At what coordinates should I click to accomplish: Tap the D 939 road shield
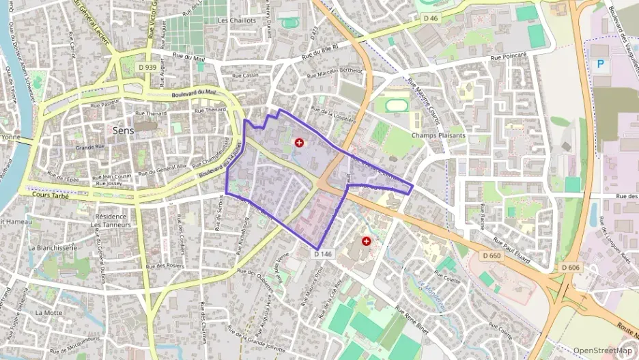[x=146, y=67]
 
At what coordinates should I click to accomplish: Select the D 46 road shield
[x=430, y=18]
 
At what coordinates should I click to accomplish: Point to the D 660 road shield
[x=490, y=255]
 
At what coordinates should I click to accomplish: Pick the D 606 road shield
[x=571, y=267]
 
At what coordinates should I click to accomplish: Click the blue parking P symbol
[x=601, y=64]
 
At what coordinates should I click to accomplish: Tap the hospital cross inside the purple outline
[x=299, y=142]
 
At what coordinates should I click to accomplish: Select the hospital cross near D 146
[x=367, y=241]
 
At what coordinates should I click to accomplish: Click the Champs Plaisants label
[x=438, y=135]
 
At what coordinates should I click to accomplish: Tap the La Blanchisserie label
[x=51, y=247]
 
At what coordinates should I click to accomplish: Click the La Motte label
[x=48, y=312]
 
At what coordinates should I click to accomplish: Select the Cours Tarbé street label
[x=51, y=193]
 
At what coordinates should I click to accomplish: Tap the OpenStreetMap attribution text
[x=601, y=350]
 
